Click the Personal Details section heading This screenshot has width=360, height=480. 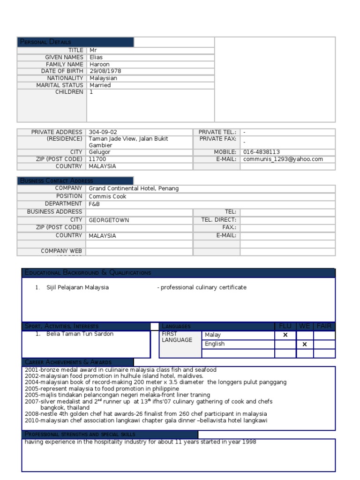coord(45,42)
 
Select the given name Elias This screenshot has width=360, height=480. coord(96,57)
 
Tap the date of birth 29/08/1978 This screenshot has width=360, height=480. coord(105,71)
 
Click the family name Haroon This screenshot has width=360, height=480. coord(99,64)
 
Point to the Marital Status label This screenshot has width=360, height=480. coord(60,85)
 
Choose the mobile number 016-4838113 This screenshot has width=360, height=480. coord(262,152)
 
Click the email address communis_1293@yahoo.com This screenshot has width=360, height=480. coord(283,159)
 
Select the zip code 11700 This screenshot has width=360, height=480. coord(97,159)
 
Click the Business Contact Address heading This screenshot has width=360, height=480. coord(56,181)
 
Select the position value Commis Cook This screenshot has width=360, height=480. coord(107,196)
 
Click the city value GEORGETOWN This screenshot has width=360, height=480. coord(109,220)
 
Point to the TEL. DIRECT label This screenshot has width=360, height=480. coord(218,220)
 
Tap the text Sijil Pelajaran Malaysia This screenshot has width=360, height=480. coord(77,287)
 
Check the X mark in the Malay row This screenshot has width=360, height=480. coord(285,335)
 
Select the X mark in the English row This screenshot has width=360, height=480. coord(305,344)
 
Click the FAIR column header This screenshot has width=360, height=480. coord(324,326)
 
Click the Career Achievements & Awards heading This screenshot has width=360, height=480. coord(68,362)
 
